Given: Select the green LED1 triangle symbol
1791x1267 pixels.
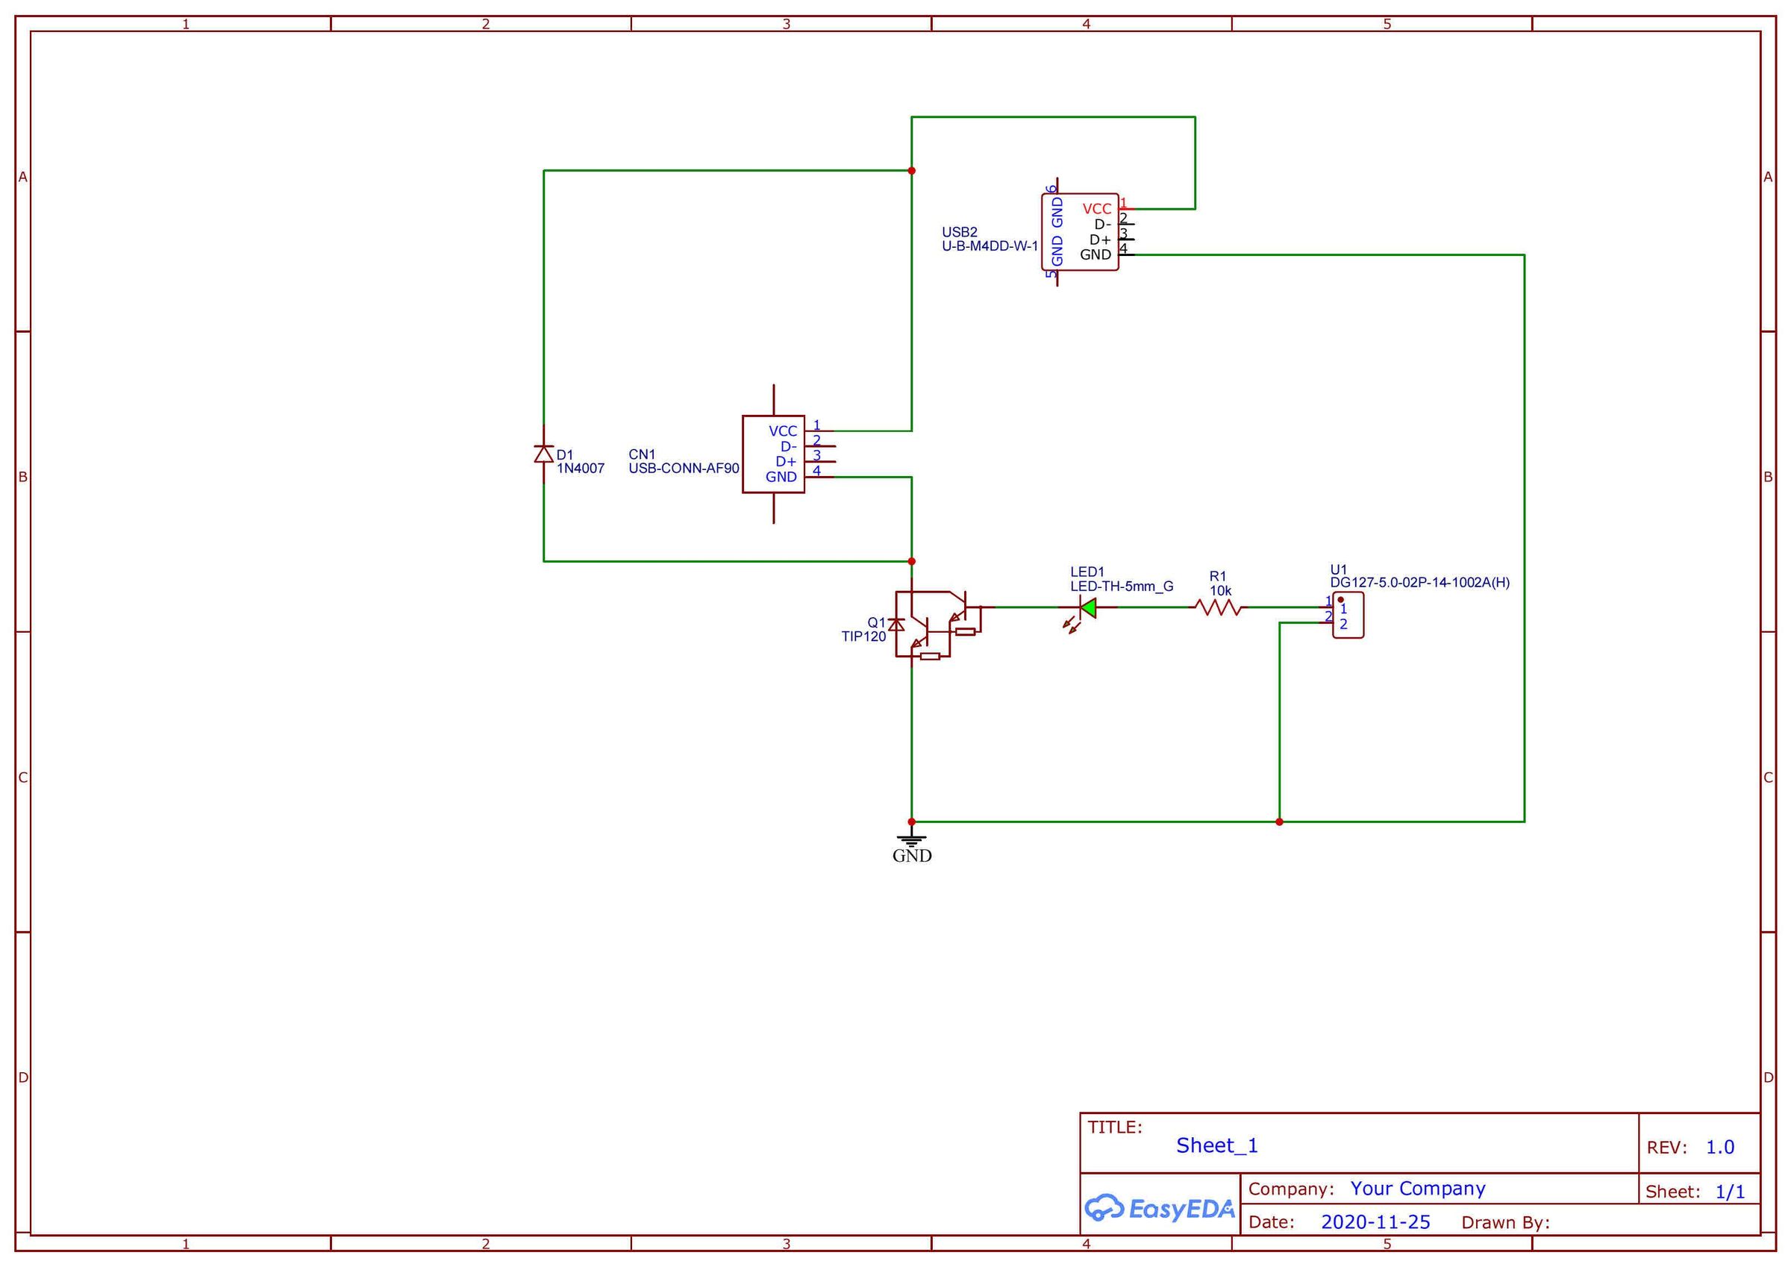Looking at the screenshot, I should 1087,607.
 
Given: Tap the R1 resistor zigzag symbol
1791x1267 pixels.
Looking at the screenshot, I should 1218,607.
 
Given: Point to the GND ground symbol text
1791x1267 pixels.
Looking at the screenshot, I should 912,856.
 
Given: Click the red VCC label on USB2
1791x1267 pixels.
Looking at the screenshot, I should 1096,209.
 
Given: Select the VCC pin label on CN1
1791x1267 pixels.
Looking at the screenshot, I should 782,431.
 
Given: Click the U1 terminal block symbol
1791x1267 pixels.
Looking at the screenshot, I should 1348,616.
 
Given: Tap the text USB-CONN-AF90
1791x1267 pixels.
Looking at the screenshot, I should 684,469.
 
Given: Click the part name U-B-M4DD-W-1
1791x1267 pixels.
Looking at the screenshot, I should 989,246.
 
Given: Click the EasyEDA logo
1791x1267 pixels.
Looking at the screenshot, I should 1159,1209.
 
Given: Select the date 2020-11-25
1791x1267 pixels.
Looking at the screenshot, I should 1375,1222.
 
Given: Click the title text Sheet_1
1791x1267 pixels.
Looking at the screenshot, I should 1216,1145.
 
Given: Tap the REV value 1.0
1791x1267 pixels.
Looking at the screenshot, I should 1719,1148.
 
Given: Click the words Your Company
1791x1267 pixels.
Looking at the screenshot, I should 1417,1189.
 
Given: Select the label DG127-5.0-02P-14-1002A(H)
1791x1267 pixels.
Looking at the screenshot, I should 1419,583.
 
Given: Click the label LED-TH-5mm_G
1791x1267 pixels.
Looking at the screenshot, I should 1121,586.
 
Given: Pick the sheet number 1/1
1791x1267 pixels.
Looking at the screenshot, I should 1729,1192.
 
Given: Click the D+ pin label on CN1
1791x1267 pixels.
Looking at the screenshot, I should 785,462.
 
